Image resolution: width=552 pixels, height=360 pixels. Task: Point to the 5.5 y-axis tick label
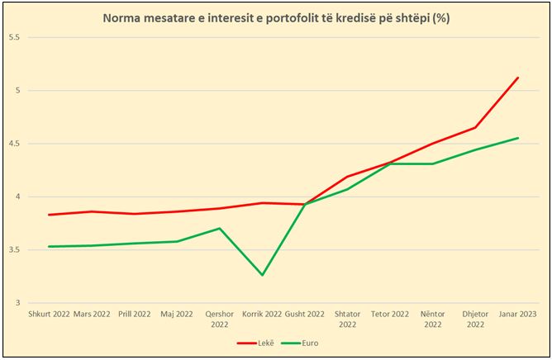pyautogui.click(x=14, y=38)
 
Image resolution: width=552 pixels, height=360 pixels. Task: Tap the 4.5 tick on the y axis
pyautogui.click(x=14, y=144)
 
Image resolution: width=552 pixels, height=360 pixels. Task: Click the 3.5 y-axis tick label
pyautogui.click(x=14, y=250)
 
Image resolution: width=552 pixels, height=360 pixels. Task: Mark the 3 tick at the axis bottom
pyautogui.click(x=17, y=303)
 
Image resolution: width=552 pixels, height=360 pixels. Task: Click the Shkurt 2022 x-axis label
pyautogui.click(x=49, y=315)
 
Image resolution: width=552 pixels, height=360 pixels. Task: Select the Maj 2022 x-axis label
pyautogui.click(x=177, y=315)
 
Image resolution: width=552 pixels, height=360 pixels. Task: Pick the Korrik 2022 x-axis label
pyautogui.click(x=262, y=315)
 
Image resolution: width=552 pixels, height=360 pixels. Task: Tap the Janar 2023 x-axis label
pyautogui.click(x=518, y=315)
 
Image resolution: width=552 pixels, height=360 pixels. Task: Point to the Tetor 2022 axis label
pyautogui.click(x=390, y=315)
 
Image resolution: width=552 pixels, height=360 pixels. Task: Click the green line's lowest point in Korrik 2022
pyautogui.click(x=262, y=275)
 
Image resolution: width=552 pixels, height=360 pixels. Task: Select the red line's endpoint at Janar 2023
pyautogui.click(x=518, y=78)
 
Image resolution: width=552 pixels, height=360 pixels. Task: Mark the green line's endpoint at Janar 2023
pyautogui.click(x=518, y=138)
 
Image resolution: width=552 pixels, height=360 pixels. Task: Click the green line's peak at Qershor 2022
pyautogui.click(x=219, y=228)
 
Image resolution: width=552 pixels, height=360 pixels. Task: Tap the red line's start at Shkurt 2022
pyautogui.click(x=49, y=215)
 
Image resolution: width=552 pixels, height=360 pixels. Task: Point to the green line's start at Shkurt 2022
pyautogui.click(x=49, y=246)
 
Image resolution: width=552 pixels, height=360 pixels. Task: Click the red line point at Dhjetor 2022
pyautogui.click(x=475, y=127)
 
